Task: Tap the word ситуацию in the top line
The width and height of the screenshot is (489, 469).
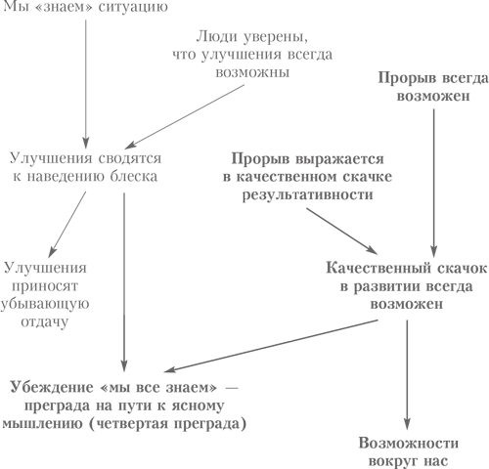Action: pos(133,7)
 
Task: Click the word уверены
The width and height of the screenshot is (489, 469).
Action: pos(275,38)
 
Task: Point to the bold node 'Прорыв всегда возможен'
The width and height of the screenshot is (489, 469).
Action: pos(433,87)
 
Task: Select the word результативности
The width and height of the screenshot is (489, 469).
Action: pos(308,195)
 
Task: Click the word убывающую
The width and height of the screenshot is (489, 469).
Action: pos(45,304)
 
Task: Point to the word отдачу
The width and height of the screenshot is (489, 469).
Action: pos(45,322)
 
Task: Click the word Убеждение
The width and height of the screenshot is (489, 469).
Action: pos(52,388)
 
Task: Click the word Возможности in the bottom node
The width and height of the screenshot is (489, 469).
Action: pos(409,444)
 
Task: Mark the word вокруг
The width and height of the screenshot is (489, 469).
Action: pos(393,461)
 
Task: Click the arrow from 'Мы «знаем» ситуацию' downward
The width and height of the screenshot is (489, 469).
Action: pos(86,84)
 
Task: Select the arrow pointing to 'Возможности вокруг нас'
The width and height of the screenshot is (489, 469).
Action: pos(407,375)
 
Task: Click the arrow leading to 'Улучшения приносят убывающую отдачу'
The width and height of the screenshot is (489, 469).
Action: pos(67,225)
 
